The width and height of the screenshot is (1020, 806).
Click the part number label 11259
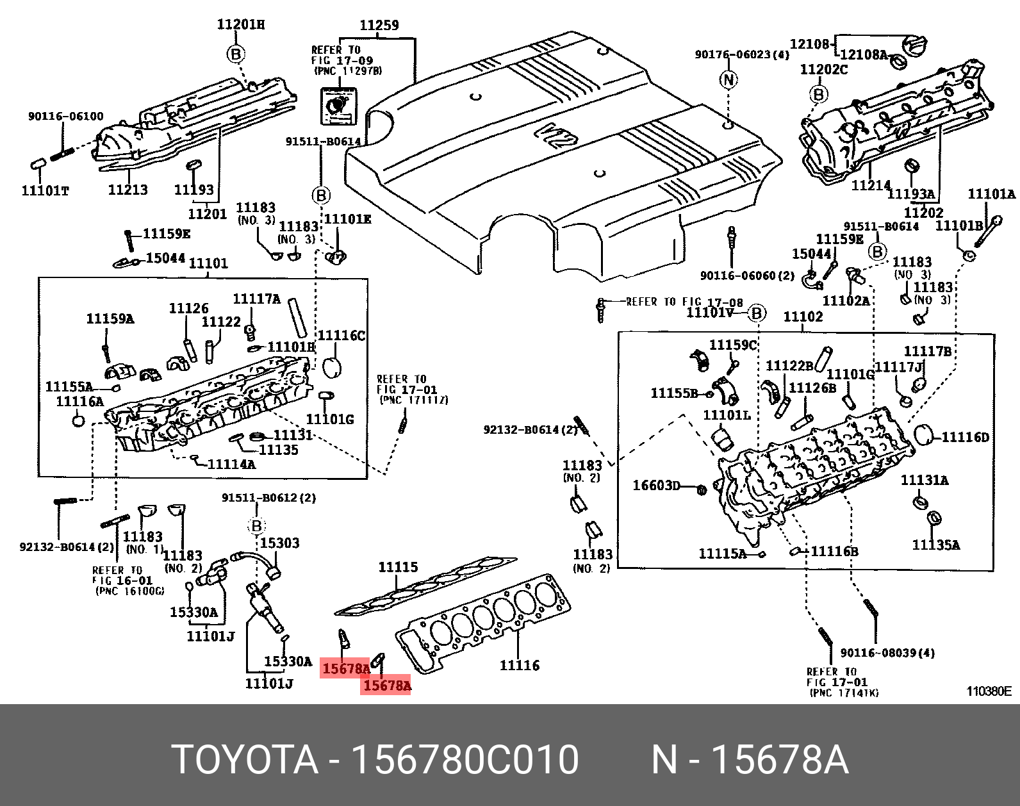[x=379, y=26]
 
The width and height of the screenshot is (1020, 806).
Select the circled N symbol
[x=728, y=79]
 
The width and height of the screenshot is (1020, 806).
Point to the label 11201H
[x=240, y=24]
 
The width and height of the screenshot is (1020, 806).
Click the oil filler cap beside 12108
[x=914, y=45]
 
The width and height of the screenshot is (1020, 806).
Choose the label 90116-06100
[x=65, y=116]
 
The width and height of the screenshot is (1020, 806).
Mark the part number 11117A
[x=256, y=299]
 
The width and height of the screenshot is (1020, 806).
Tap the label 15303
[x=279, y=543]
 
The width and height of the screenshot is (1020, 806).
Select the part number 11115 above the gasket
[x=398, y=567]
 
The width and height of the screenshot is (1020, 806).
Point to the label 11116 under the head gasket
[x=520, y=666]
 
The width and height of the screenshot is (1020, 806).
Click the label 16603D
[x=656, y=486]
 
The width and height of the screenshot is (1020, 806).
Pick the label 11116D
[x=966, y=438]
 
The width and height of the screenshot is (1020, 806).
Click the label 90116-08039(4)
[x=887, y=653]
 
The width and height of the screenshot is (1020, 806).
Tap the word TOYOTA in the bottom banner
[x=245, y=759]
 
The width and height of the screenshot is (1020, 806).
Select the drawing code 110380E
[x=989, y=691]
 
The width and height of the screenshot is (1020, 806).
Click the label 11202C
[x=823, y=69]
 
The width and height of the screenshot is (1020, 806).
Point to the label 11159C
[x=733, y=345]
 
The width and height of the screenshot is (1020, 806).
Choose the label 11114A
[x=231, y=464]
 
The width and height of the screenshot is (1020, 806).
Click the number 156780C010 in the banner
[x=465, y=759]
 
